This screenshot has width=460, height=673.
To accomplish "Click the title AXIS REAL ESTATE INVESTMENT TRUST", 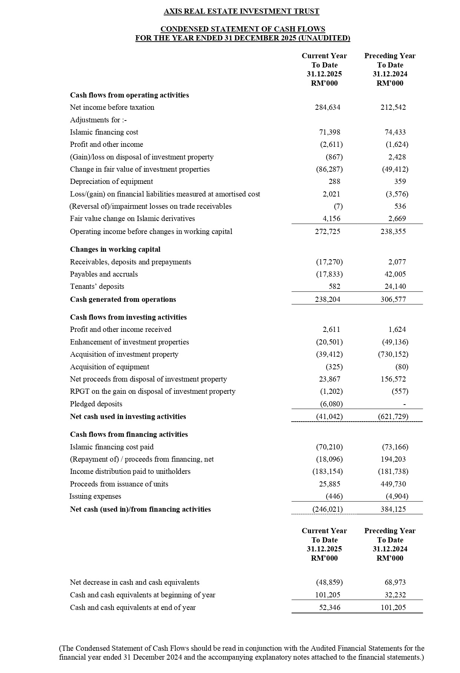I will click(241, 11).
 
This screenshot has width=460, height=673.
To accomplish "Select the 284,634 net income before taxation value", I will click(328, 108).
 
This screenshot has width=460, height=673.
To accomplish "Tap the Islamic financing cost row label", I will click(104, 132).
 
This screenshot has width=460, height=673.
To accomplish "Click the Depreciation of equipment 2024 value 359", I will click(400, 182).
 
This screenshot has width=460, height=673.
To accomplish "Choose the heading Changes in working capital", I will click(115, 250).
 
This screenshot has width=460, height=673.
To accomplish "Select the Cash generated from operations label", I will click(123, 300).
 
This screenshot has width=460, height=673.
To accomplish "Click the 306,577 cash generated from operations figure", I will click(393, 300).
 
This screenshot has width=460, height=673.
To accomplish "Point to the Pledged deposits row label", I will click(96, 404).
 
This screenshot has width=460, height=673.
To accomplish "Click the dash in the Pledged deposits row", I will click(405, 404).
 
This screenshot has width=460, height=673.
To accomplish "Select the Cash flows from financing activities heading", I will click(129, 435).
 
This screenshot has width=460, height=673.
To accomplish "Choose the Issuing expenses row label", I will click(95, 496).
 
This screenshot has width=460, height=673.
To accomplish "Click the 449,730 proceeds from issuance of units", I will click(393, 484).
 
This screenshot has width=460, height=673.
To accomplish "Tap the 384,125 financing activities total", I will click(393, 509).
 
